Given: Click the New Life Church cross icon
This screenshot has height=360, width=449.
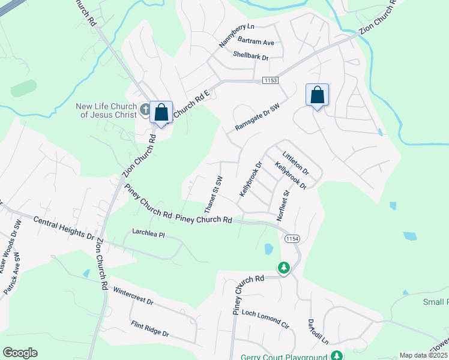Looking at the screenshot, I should [145, 109].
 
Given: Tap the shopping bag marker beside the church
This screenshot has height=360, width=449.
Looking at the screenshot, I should [161, 113].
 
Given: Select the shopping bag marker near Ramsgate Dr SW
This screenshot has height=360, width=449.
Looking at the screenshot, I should [317, 95].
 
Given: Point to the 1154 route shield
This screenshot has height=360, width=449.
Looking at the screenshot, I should [292, 238].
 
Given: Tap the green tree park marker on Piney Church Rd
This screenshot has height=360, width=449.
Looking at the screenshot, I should [284, 268].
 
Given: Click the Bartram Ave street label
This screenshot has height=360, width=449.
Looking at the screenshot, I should [256, 43].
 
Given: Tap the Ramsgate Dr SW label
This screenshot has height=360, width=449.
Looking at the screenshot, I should [258, 117].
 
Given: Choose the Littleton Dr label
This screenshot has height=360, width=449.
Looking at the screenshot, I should [295, 160].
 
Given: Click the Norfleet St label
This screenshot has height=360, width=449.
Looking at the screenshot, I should [283, 206].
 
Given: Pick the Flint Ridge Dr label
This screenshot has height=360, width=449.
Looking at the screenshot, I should [150, 329].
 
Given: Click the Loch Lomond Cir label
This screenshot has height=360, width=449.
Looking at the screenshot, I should [265, 318].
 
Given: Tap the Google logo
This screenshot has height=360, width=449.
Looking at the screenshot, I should [20, 353].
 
